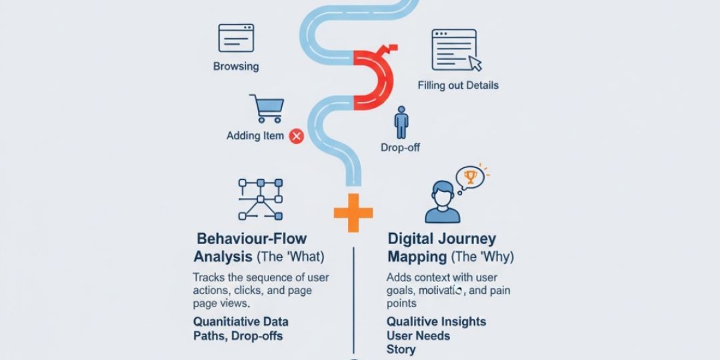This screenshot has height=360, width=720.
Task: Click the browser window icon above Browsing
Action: click(236, 38)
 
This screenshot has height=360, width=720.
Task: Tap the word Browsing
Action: click(236, 67)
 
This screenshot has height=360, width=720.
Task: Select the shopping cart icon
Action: click(266, 109)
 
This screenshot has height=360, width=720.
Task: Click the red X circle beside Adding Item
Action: click(296, 136)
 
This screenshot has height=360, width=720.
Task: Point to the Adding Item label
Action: click(255, 136)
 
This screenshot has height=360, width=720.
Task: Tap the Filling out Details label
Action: click(458, 86)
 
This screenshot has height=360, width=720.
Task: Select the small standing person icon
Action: click(401, 123)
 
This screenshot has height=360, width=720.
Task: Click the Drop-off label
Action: click(400, 148)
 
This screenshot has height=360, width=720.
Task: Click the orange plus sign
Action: click(353, 212)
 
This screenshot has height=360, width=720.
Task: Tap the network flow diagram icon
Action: click(260, 199)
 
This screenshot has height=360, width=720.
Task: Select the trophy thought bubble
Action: click(470, 177)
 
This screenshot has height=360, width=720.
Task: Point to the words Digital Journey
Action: click(442, 239)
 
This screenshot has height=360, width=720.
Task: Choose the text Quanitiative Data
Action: click(241, 322)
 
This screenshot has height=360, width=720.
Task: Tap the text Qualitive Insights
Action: click(436, 322)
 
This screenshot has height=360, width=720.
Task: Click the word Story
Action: click(401, 349)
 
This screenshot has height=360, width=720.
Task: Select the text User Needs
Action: click(418, 335)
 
